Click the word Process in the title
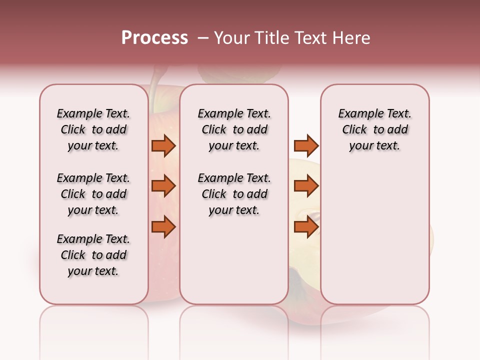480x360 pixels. (154, 38)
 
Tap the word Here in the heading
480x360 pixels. (352, 38)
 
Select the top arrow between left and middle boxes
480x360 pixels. (163, 145)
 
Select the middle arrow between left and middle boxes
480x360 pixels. (163, 186)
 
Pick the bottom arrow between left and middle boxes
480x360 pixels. (163, 227)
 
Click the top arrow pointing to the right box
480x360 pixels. (306, 145)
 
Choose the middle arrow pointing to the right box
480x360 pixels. (306, 186)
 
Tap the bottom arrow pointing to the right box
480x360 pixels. (306, 227)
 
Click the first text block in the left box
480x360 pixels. (93, 129)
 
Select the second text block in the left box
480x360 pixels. (93, 194)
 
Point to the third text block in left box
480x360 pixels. (93, 255)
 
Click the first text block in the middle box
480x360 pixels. (234, 129)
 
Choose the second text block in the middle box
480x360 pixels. (234, 194)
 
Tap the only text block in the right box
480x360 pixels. (374, 129)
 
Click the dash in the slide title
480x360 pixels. (203, 38)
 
